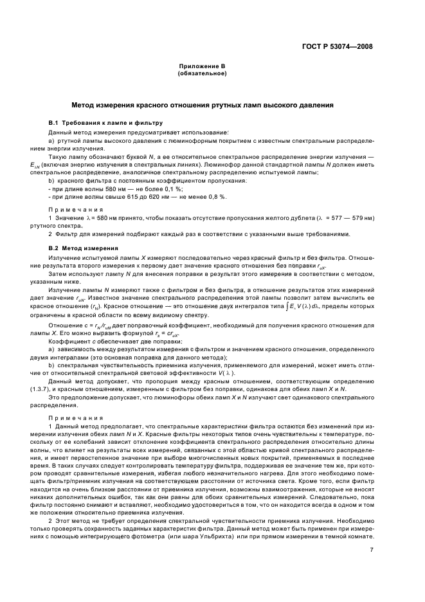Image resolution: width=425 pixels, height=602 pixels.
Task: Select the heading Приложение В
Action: (x=201, y=66)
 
